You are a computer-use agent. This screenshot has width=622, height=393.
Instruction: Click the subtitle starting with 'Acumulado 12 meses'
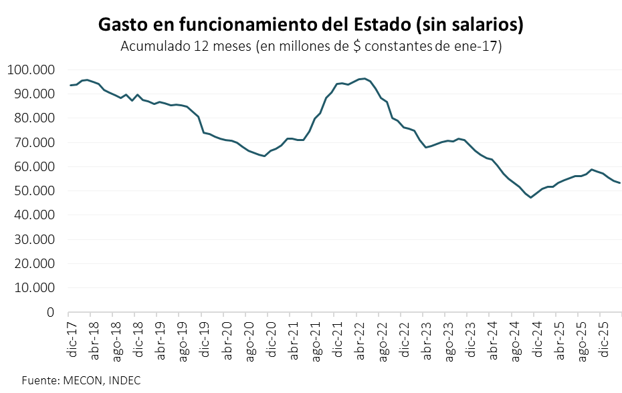pos(311,47)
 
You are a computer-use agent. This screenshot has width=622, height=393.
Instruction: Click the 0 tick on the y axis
pos(50,312)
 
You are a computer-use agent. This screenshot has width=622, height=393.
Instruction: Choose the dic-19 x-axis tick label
pos(205,339)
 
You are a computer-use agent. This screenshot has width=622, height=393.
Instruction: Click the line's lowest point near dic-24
pos(531,198)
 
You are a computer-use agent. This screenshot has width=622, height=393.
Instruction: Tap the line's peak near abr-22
pos(364,78)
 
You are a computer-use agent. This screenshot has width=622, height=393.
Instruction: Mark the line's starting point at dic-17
pos(70,85)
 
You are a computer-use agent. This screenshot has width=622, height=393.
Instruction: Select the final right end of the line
pos(620,183)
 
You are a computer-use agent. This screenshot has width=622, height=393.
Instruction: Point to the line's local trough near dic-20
pos(264,156)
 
